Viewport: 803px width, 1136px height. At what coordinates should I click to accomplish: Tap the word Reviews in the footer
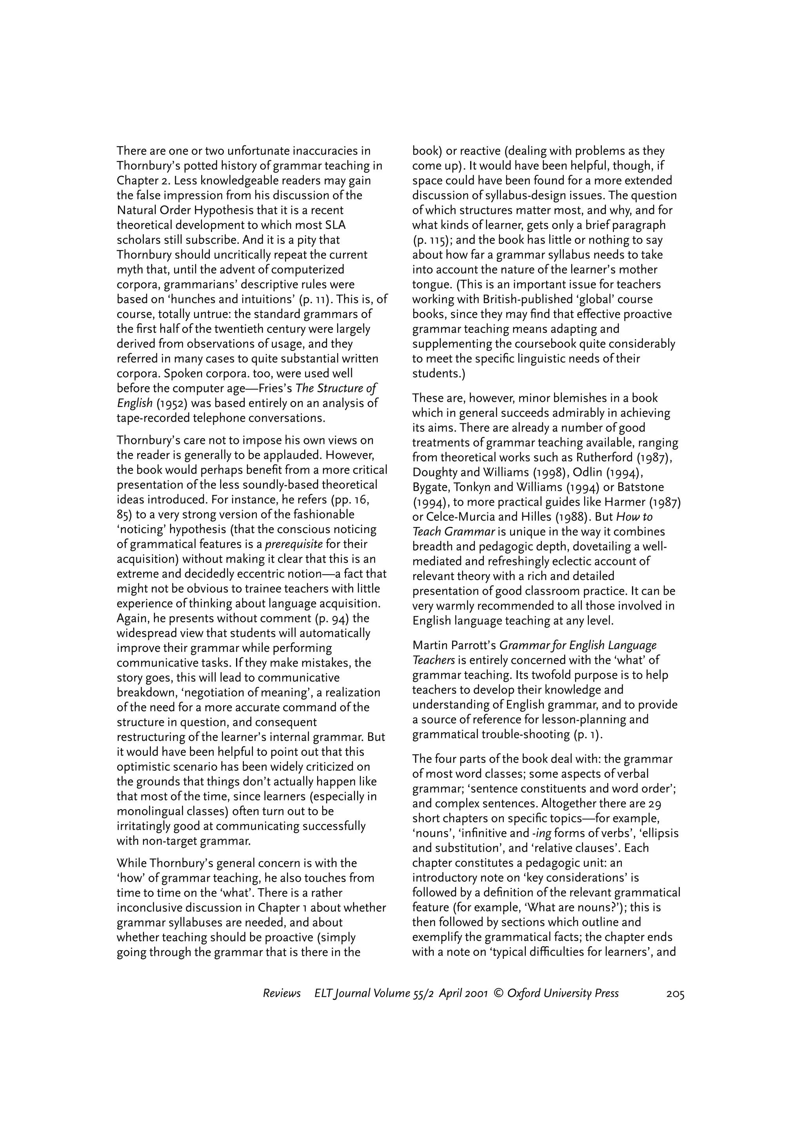click(282, 993)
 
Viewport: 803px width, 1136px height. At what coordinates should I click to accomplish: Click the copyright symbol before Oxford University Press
click(498, 993)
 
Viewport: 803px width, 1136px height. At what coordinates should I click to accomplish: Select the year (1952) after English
click(171, 403)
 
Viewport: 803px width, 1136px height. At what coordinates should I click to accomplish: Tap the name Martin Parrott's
click(454, 645)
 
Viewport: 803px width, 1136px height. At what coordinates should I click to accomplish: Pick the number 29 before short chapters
click(669, 804)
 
